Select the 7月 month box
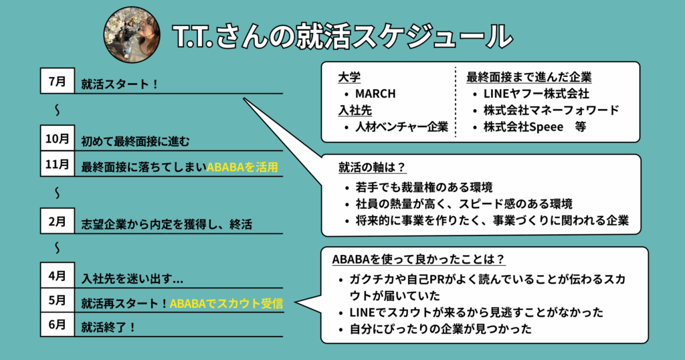coord(58,82)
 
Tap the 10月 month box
coord(58,139)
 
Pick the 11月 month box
coord(58,164)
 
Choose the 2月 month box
coord(58,221)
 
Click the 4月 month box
coord(58,275)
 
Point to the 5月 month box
coord(58,300)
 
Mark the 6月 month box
coord(58,325)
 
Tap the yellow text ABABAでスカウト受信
coord(226,303)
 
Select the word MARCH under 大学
coord(375,94)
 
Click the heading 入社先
coord(354,110)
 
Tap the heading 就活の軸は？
coord(373,167)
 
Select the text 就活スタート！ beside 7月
coord(120,84)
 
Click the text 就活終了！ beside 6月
coord(109,328)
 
